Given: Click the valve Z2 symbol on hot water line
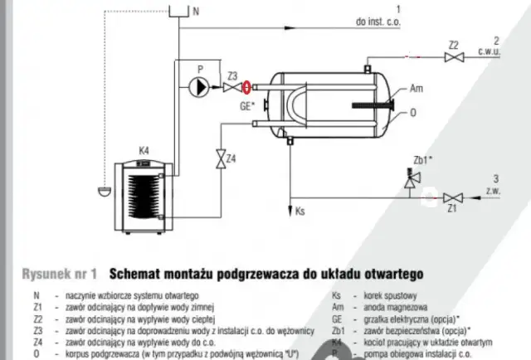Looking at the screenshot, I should pos(453,57).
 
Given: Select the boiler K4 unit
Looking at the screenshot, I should pos(144,190).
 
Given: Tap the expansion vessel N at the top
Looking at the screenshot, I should pos(178,12).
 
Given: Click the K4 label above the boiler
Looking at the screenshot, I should pos(144,150).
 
